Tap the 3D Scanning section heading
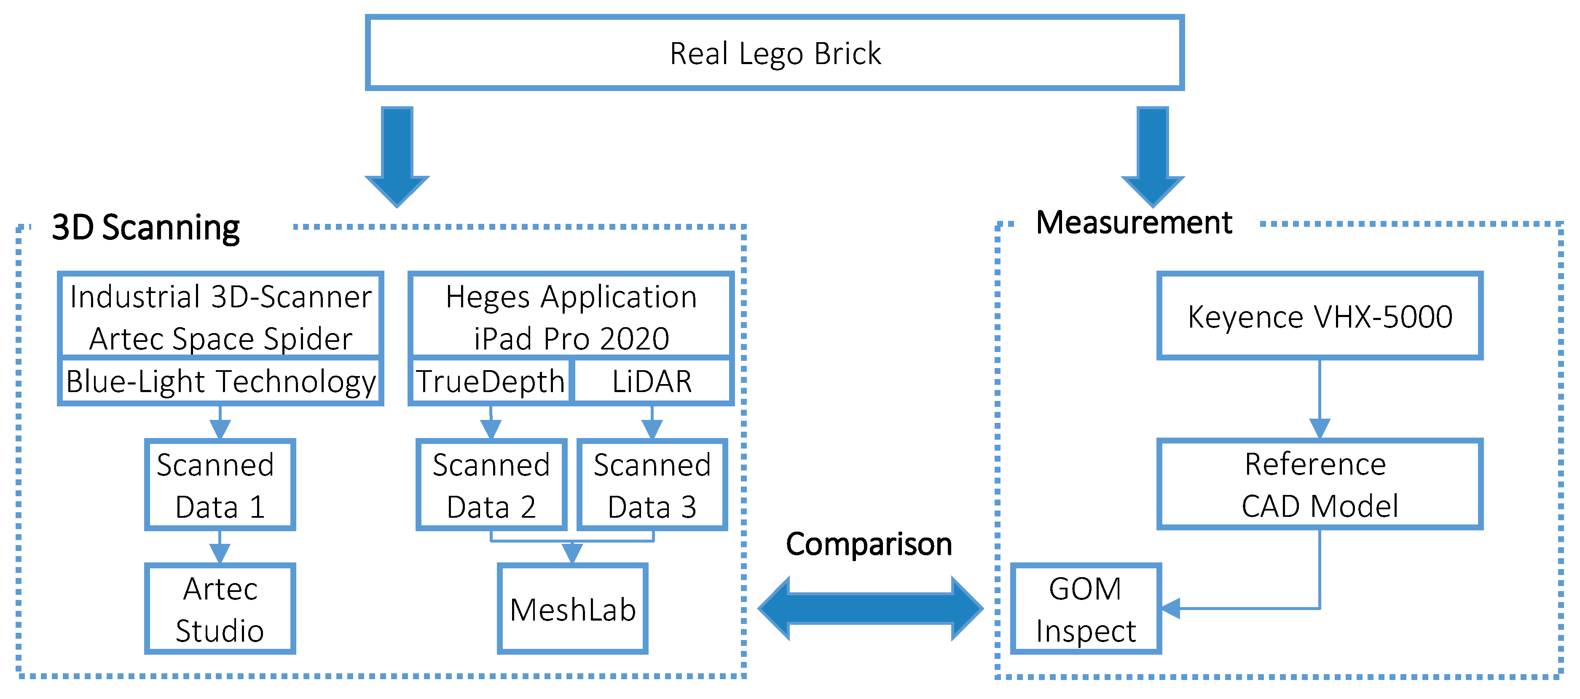[146, 228]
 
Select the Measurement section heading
[1134, 222]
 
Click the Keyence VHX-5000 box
[1319, 317]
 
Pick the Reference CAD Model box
[1319, 484]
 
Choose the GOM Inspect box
[1085, 609]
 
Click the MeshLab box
[572, 609]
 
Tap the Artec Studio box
[220, 609]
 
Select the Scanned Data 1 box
[220, 485]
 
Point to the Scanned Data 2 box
[491, 485]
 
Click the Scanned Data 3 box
[652, 485]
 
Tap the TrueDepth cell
[490, 381]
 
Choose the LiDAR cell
[652, 381]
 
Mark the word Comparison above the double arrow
[869, 544]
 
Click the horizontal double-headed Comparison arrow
[870, 608]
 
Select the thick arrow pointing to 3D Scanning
[397, 156]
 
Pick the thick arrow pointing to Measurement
[1153, 156]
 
